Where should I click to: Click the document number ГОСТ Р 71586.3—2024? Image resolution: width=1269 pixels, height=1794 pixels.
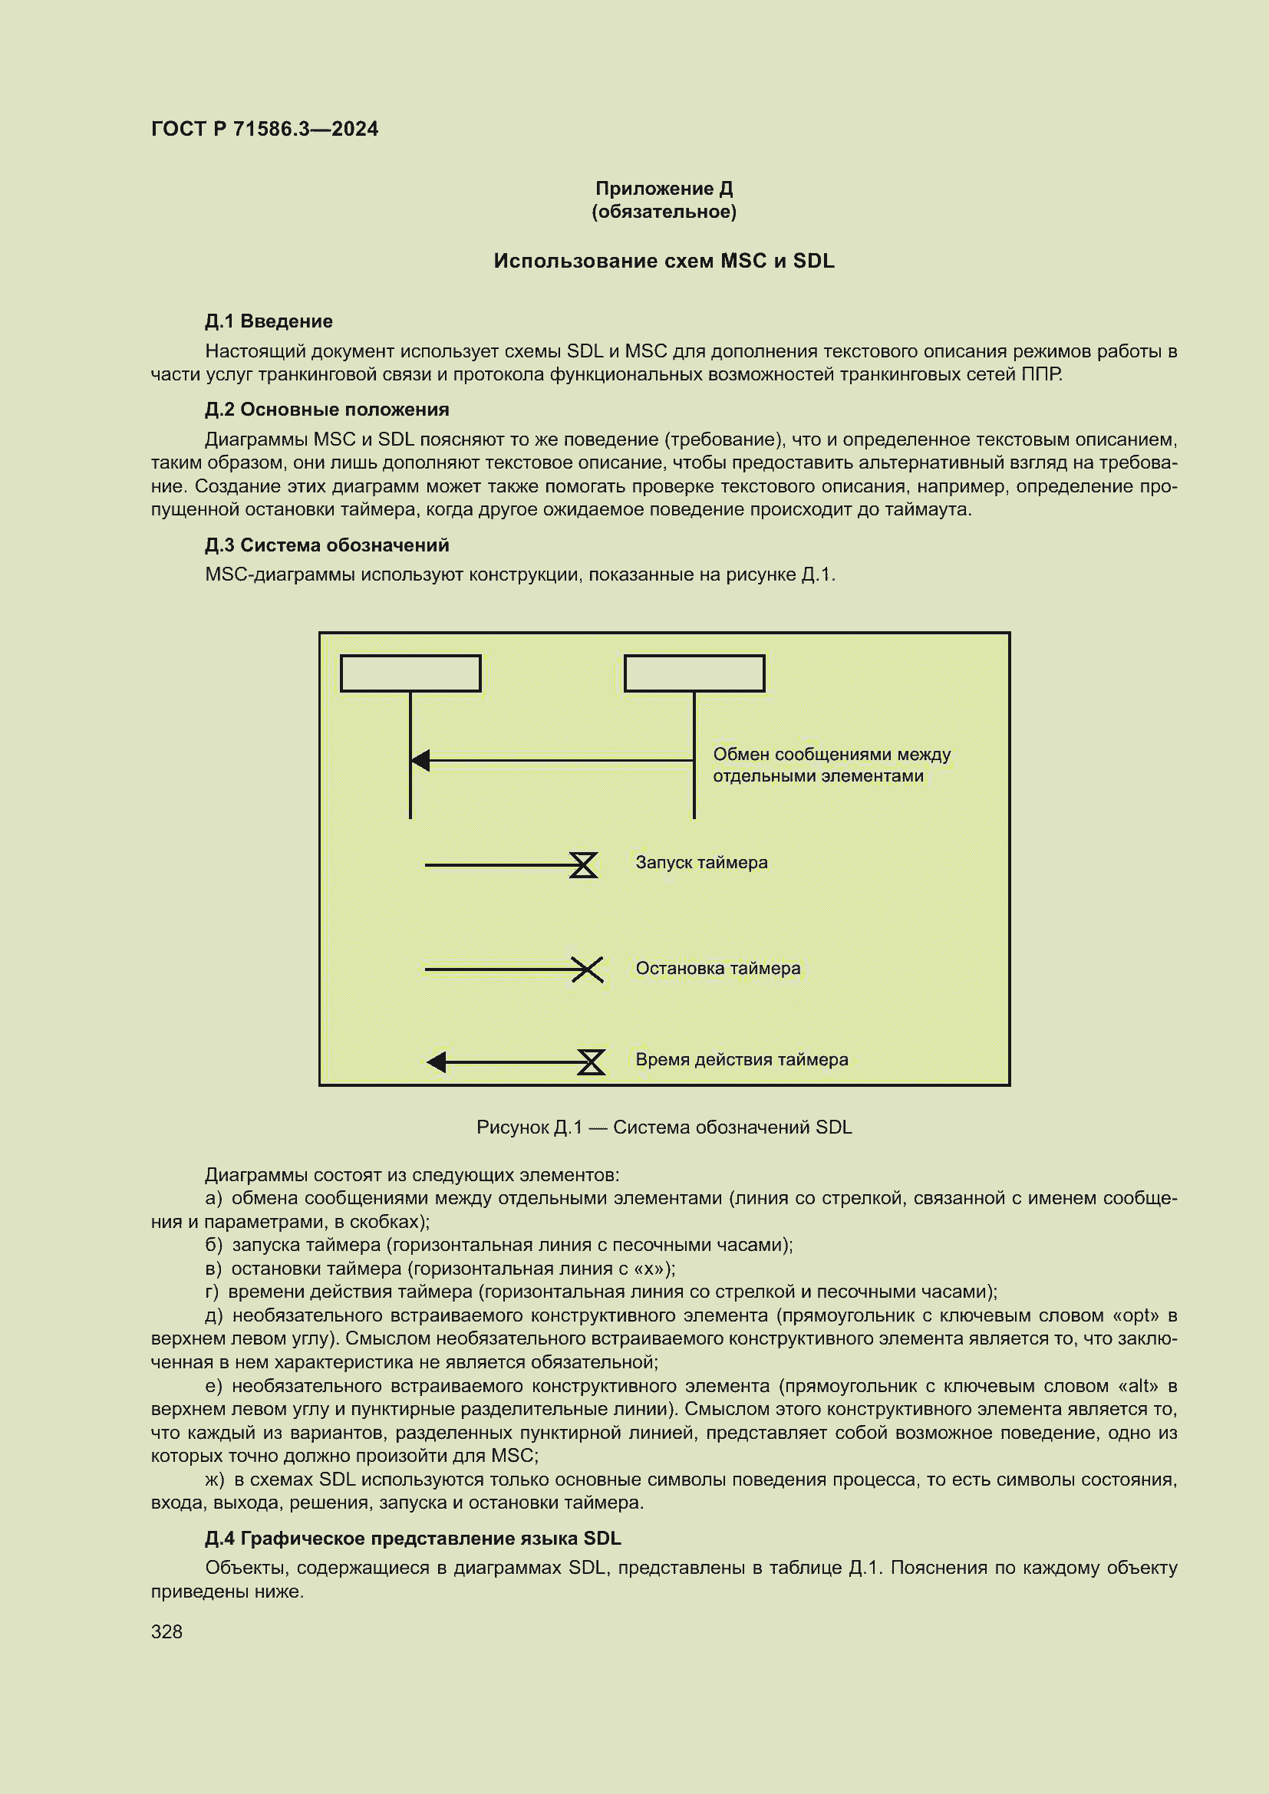coord(264,129)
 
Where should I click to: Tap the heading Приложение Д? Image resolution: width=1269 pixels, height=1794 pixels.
coord(664,189)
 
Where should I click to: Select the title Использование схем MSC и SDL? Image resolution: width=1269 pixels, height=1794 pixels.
coord(664,261)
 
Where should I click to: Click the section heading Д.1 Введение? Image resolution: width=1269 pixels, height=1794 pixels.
coord(268,321)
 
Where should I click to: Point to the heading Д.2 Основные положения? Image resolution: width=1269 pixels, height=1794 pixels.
coord(327,410)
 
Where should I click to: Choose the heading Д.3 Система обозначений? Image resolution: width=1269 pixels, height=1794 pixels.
coord(327,545)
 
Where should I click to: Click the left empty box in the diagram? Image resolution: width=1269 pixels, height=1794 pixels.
coord(410,673)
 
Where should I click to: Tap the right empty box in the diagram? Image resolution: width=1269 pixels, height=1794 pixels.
coord(694,673)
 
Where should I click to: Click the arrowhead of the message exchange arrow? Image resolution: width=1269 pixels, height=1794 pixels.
coord(420,760)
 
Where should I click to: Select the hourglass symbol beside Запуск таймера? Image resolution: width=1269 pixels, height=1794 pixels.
coord(583,865)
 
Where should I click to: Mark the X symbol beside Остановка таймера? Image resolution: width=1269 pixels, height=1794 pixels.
coord(587,969)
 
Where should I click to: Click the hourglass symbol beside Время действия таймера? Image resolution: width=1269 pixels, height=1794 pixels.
coord(591,1062)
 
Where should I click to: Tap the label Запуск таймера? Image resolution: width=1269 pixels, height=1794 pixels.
coord(701,863)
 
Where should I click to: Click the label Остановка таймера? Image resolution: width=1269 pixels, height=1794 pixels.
coord(717,968)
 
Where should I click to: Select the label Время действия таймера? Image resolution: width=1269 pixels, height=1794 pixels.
coord(741,1059)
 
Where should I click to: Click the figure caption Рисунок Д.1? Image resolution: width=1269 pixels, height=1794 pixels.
coord(664,1127)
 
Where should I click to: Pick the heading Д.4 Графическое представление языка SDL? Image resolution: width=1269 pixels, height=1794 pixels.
coord(413,1539)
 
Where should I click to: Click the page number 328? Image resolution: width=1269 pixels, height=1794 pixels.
coord(166,1631)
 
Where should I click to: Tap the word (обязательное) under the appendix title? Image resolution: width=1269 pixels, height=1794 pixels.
coord(664,212)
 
